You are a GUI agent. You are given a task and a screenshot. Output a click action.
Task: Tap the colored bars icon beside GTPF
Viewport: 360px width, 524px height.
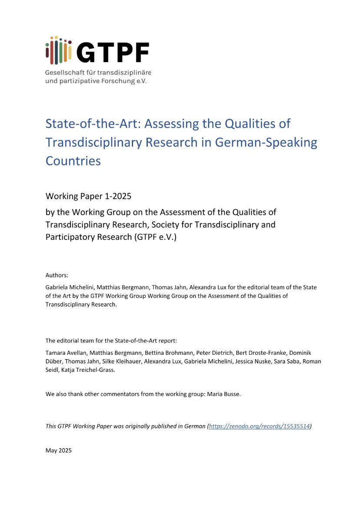(58, 49)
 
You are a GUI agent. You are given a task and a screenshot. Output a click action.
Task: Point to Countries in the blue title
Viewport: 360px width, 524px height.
(73, 160)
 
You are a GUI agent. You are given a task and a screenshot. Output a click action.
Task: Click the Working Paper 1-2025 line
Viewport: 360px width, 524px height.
(88, 196)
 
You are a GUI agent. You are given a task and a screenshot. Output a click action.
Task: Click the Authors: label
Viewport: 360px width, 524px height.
(57, 275)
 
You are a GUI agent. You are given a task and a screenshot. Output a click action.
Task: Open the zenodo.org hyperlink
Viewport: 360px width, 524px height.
(260, 426)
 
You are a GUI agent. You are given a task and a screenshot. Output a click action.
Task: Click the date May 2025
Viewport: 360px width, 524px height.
(58, 450)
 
